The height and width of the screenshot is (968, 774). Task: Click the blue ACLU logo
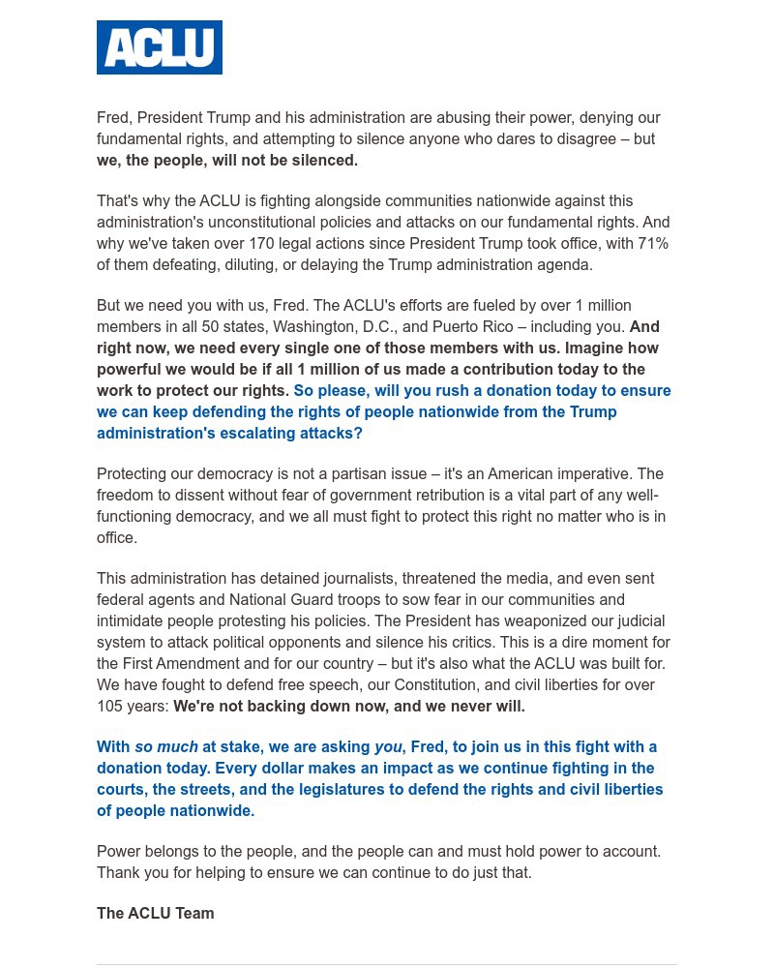[x=160, y=47]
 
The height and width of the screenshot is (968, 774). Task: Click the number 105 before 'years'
[x=110, y=706]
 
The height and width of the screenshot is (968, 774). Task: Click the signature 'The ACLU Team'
[x=155, y=913]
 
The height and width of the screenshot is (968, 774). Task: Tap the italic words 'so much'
[x=165, y=746]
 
